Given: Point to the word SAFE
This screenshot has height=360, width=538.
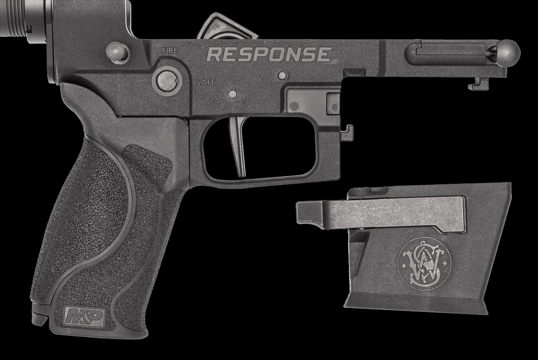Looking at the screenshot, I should click(206, 82).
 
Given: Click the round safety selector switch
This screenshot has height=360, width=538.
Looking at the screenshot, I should click(167, 81).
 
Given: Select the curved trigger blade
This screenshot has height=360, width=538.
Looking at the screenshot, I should click(239, 144).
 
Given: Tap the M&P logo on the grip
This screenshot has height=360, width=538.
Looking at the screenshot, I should click(85, 317).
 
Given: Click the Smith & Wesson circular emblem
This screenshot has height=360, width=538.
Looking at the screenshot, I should click(424, 264).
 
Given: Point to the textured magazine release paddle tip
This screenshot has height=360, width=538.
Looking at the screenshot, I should click(309, 212).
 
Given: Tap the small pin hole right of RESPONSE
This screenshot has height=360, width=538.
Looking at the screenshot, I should click(282, 76).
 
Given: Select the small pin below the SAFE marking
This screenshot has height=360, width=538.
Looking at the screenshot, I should click(232, 94).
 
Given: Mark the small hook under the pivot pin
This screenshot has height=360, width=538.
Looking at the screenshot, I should click(479, 83).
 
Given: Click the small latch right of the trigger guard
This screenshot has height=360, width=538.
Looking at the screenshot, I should click(347, 133).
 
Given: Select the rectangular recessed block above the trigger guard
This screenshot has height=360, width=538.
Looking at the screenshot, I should click(313, 101).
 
